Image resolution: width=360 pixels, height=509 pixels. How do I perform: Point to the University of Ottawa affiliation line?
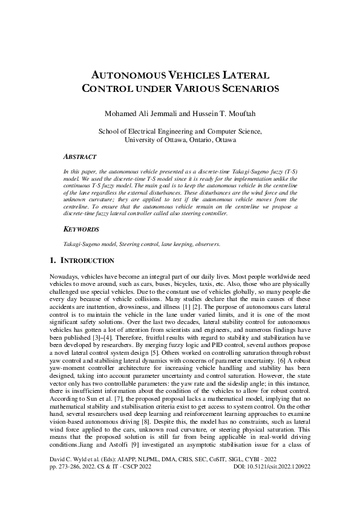(x=180, y=139)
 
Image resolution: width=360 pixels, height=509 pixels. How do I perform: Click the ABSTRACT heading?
(x=80, y=156)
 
